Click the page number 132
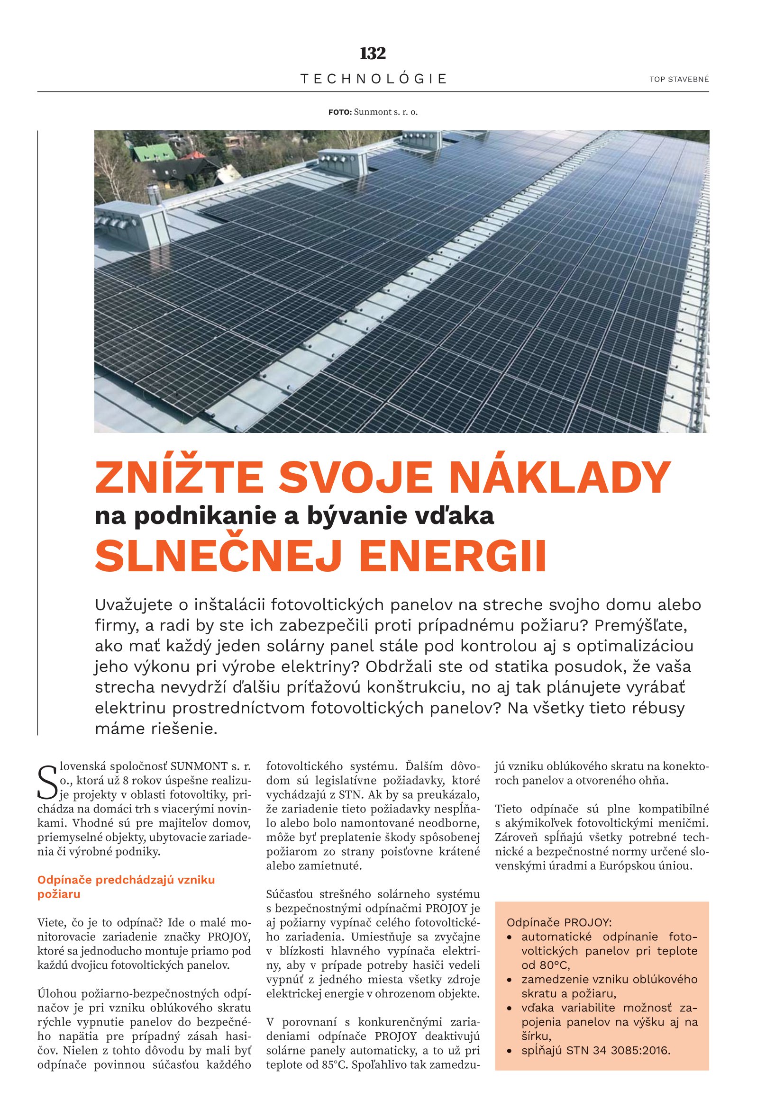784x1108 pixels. (x=373, y=54)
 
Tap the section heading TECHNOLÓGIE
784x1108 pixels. (x=373, y=79)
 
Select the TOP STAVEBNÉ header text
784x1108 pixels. (x=679, y=80)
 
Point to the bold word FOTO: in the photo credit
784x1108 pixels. (x=340, y=112)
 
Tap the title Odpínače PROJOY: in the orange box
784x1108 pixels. (x=558, y=923)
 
